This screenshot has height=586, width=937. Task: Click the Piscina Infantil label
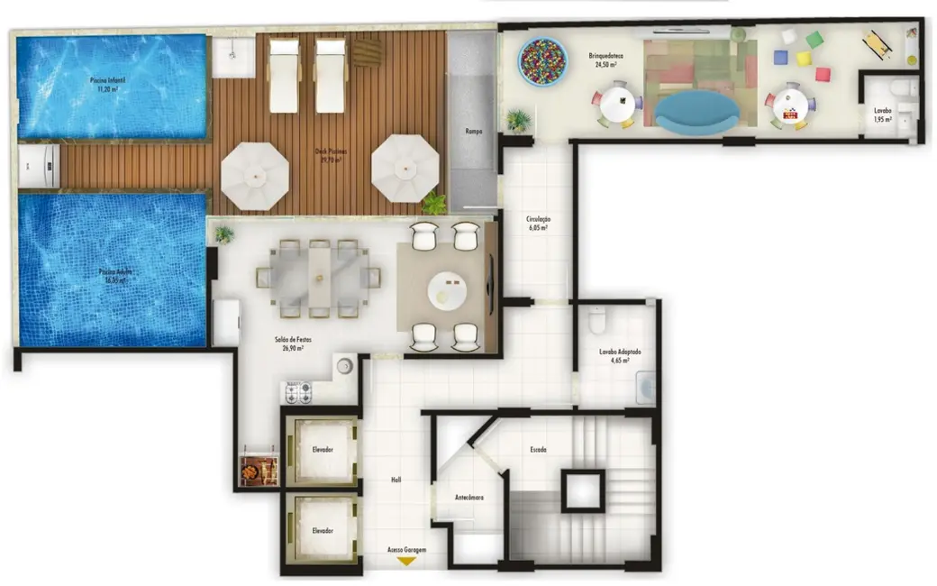[x=107, y=84]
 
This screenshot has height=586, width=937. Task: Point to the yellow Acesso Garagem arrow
[x=406, y=560]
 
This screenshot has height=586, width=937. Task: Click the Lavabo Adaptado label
[x=620, y=353]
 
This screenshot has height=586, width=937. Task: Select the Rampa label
[x=473, y=132]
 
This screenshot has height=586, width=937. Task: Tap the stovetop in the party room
[x=298, y=392]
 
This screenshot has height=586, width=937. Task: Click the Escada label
[x=538, y=449]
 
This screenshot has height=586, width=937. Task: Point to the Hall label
[x=396, y=480]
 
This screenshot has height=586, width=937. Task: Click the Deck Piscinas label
[x=331, y=155]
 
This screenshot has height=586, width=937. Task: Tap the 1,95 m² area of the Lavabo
[x=882, y=119]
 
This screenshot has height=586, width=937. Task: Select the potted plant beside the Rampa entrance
[x=518, y=119]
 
